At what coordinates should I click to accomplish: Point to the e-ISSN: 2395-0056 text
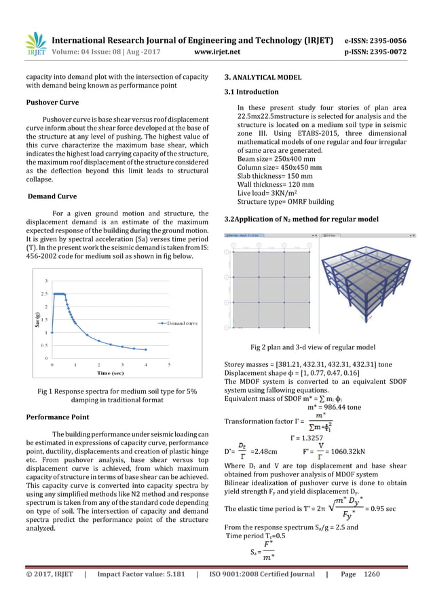click(376, 40)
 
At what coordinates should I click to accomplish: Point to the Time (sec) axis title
click(109, 373)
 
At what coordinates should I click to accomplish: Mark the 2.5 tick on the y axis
click(44, 294)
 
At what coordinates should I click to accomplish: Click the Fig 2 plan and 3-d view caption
click(313, 347)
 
